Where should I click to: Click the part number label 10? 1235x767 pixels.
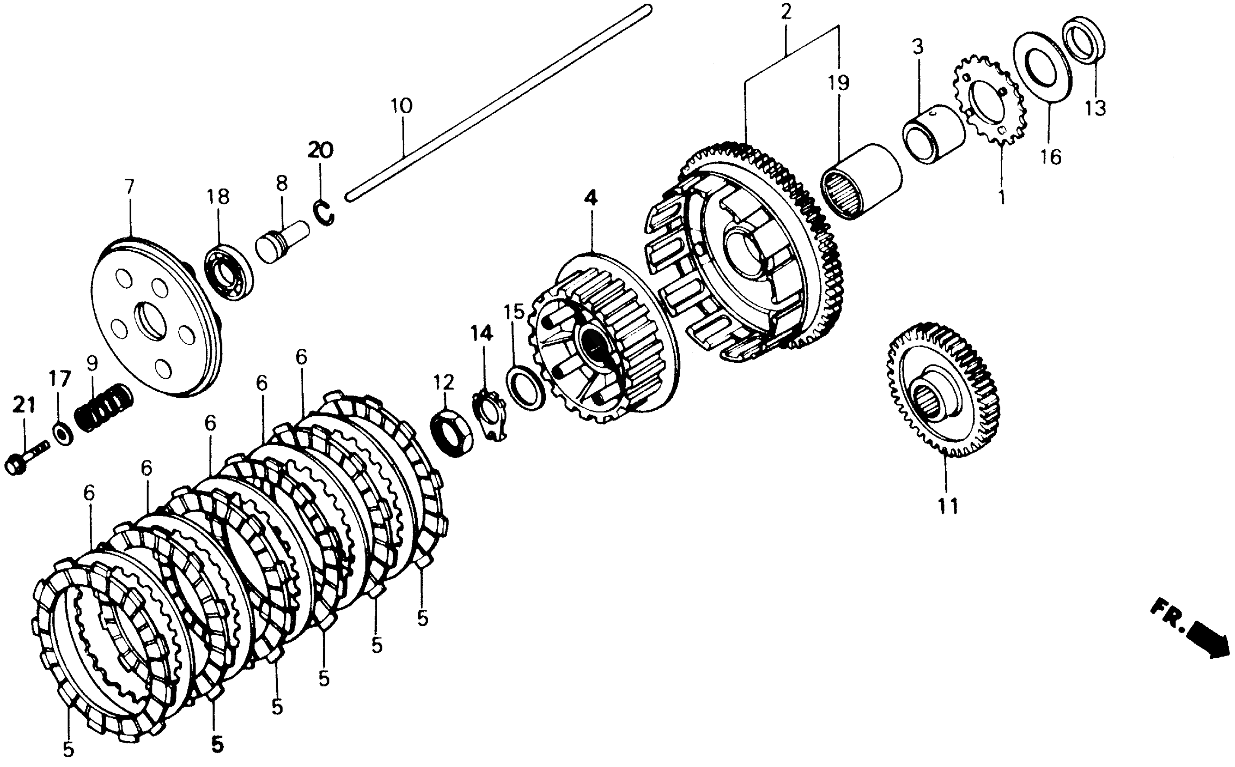402,106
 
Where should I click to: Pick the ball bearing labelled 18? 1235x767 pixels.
228,272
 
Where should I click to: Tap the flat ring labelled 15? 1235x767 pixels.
525,387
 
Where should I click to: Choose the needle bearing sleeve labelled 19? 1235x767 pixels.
860,182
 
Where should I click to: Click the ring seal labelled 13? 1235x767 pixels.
1083,41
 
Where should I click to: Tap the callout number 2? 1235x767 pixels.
786,11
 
